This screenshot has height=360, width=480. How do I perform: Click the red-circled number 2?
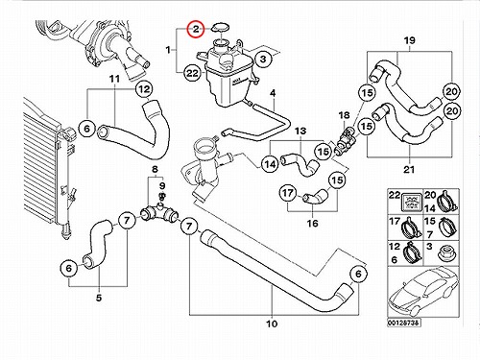[x=196, y=30]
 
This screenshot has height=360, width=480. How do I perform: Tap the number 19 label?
[x=409, y=40]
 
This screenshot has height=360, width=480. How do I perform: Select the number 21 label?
[x=409, y=169]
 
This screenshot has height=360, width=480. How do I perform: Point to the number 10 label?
[x=272, y=324]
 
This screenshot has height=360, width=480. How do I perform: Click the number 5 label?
[x=99, y=298]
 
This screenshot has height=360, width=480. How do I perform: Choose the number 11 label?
[x=114, y=79]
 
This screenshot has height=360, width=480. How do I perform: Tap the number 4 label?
[x=273, y=93]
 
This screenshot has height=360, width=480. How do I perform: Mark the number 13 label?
[x=300, y=131]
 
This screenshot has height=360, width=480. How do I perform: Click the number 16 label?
[x=312, y=223]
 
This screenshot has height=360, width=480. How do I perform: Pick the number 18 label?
[x=344, y=115]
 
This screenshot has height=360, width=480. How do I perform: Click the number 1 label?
[x=168, y=50]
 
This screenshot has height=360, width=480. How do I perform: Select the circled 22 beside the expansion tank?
[x=192, y=73]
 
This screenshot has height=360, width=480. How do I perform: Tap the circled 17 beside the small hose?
[x=288, y=193]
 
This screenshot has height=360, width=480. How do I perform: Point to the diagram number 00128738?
[x=404, y=324]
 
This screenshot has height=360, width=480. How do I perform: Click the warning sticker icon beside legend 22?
[x=411, y=201]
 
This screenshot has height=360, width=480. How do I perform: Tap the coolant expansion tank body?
[x=228, y=77]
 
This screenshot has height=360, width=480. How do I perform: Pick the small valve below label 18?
[x=345, y=139]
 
